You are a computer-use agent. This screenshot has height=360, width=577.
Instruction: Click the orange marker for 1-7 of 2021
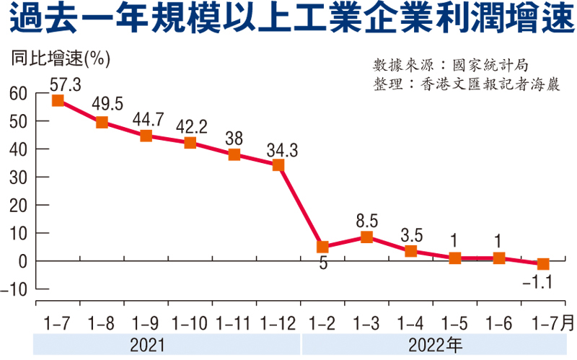[x=58, y=100]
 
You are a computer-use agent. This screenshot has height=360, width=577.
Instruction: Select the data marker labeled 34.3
[x=278, y=165]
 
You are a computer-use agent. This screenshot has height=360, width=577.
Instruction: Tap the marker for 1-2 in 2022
[x=322, y=247]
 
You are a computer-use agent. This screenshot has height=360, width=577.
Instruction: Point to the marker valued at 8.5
[x=366, y=237]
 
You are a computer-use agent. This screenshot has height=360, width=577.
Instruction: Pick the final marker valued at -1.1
[x=542, y=264]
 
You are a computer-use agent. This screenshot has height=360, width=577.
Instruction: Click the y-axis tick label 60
[x=18, y=93]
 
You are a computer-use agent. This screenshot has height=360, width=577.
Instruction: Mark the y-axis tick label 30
[x=18, y=177]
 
